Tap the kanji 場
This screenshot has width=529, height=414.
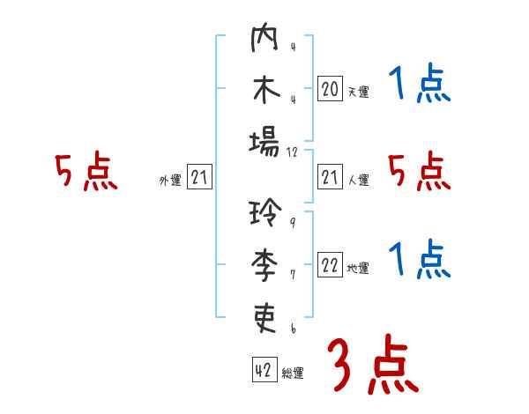264,142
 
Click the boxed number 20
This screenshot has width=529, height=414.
329,89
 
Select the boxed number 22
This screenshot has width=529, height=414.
329,266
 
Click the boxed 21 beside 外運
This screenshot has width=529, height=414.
199,179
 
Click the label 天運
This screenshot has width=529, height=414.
358,92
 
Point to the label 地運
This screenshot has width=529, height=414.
358,269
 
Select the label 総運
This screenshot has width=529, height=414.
293,372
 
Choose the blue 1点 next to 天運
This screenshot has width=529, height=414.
420,85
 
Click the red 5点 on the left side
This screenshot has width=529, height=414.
86,172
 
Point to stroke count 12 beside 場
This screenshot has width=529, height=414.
294,152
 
